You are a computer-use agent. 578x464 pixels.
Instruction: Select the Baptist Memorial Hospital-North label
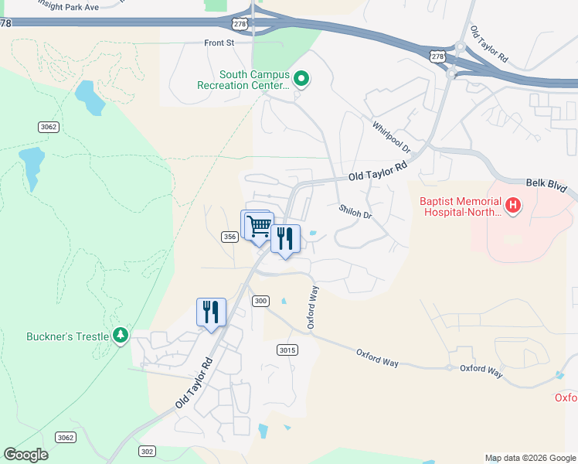pos(460,206)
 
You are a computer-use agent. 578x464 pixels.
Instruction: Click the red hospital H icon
pos(513,206)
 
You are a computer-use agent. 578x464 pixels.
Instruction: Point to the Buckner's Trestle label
pos(69,336)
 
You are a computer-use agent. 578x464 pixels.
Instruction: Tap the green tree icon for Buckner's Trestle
pos(121,335)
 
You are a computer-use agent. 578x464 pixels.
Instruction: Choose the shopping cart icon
pos(259,226)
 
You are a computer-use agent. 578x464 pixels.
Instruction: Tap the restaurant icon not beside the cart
pos(211,312)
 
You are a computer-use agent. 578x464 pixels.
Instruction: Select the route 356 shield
pos(229,237)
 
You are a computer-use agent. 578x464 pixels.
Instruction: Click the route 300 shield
pos(260,301)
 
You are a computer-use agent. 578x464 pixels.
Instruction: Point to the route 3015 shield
pos(286,350)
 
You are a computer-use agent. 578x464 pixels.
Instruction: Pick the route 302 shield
pos(148,451)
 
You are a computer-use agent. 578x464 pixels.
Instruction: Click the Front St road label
pos(219,43)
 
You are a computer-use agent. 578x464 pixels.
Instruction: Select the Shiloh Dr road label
pos(355,211)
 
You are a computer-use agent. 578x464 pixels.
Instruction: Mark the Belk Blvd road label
pos(546,185)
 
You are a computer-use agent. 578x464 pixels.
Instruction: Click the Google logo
pos(26,455)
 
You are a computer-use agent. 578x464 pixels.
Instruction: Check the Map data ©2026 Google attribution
pos(530,458)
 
